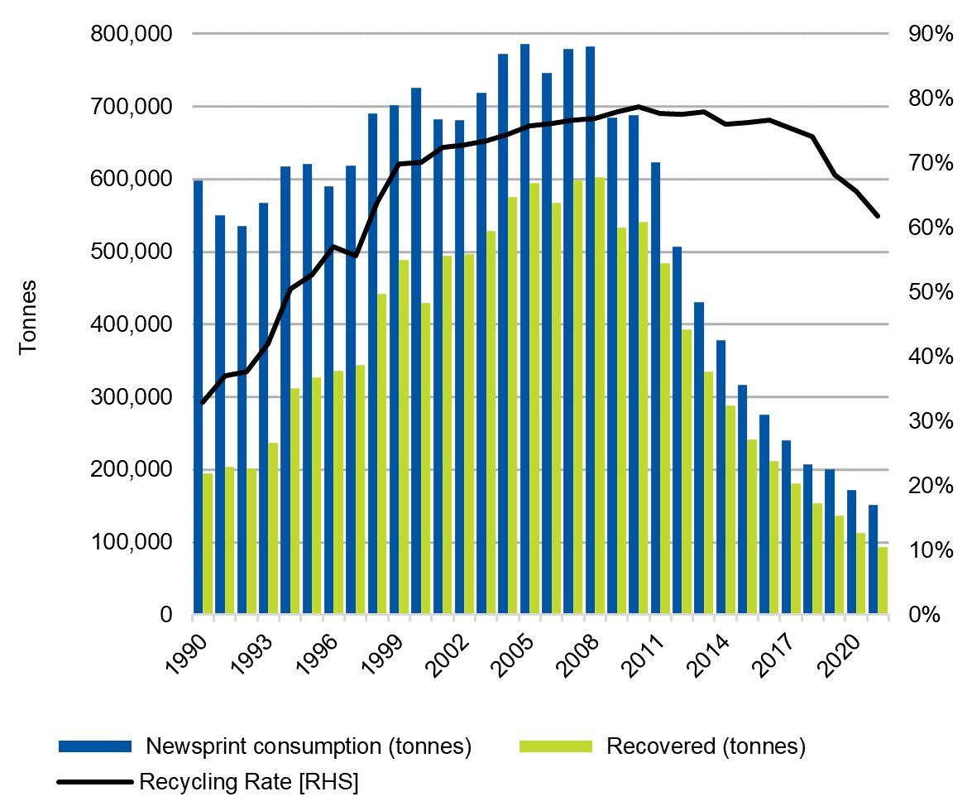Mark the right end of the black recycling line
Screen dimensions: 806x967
[878, 216]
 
